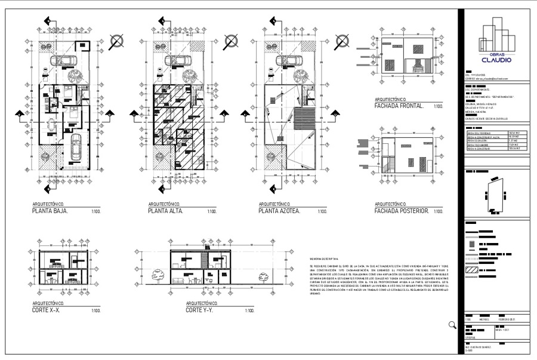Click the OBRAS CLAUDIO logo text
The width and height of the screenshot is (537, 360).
click(x=496, y=58)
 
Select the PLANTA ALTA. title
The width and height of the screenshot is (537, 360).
click(x=165, y=211)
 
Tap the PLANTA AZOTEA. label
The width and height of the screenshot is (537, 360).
click(x=279, y=211)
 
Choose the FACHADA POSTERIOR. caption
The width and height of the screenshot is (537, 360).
click(x=402, y=211)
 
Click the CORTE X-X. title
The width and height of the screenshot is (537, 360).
click(x=46, y=310)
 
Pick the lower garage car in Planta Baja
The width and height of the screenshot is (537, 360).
click(x=76, y=149)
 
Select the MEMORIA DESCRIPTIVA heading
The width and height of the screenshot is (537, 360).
click(x=325, y=258)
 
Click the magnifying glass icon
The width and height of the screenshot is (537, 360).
click(x=452, y=325)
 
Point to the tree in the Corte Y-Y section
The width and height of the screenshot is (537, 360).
click(x=159, y=276)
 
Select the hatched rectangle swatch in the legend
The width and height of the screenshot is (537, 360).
click(x=472, y=270)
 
